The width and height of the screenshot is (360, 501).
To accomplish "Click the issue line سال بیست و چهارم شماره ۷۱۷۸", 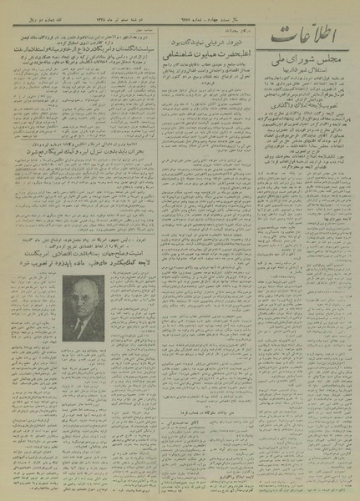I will click(195, 8).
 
